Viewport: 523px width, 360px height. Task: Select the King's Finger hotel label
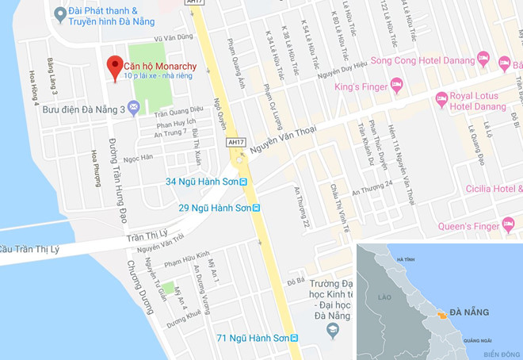(361, 86)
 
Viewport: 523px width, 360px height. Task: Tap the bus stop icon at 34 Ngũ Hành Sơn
(244, 182)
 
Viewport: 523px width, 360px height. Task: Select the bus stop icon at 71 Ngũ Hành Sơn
(295, 339)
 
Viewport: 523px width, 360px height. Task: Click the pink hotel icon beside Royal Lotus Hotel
(441, 98)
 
